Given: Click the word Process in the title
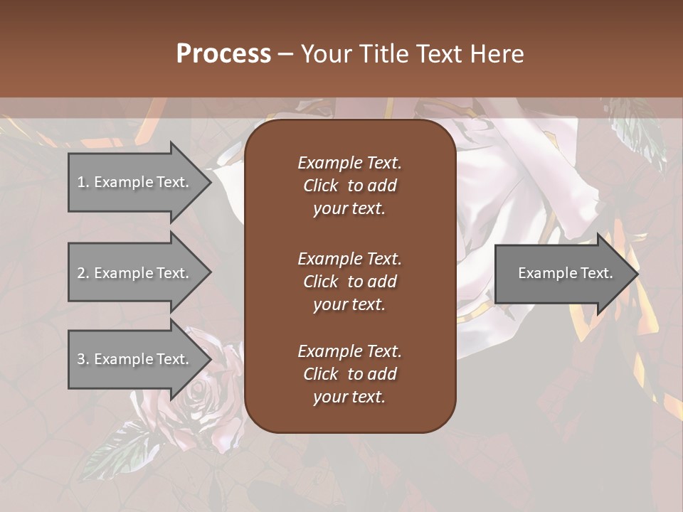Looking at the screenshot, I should pyautogui.click(x=223, y=54).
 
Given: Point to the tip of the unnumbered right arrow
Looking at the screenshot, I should pyautogui.click(x=637, y=274).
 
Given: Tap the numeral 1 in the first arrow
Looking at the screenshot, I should pyautogui.click(x=80, y=182).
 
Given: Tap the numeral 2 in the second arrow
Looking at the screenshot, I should pyautogui.click(x=80, y=273).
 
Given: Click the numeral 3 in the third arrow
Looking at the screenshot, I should pyautogui.click(x=80, y=359).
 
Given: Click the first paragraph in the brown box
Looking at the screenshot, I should pyautogui.click(x=349, y=186).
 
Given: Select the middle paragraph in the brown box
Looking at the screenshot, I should pyautogui.click(x=349, y=282).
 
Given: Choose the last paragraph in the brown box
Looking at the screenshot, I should pyautogui.click(x=349, y=374).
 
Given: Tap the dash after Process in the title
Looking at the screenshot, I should pyautogui.click(x=285, y=54).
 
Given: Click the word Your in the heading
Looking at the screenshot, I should pyautogui.click(x=327, y=54).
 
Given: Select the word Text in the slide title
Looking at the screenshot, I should pyautogui.click(x=438, y=54).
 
